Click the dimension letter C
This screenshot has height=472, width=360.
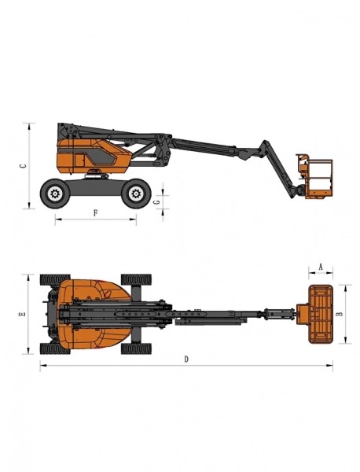pyautogui.click(x=23, y=166)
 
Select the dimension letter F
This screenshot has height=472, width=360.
pyautogui.click(x=95, y=213)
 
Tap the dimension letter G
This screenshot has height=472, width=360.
pyautogui.click(x=157, y=202)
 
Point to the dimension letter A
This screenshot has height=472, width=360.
pyautogui.click(x=321, y=267)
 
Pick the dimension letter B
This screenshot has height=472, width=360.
pyautogui.click(x=340, y=314)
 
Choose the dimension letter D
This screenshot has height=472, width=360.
pyautogui.click(x=186, y=360)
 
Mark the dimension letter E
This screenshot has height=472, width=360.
pyautogui.click(x=23, y=314)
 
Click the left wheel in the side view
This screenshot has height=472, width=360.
pyautogui.click(x=55, y=192)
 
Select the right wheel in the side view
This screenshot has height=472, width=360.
pyautogui.click(x=137, y=192)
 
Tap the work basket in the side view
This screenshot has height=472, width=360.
pyautogui.click(x=315, y=175)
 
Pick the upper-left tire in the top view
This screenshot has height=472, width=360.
pyautogui.click(x=55, y=279)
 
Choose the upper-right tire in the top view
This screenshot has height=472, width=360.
pyautogui.click(x=137, y=279)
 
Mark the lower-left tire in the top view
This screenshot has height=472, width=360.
pyautogui.click(x=55, y=348)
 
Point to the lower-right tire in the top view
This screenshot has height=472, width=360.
pyautogui.click(x=137, y=348)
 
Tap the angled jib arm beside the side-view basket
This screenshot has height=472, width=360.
pyautogui.click(x=277, y=167)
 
